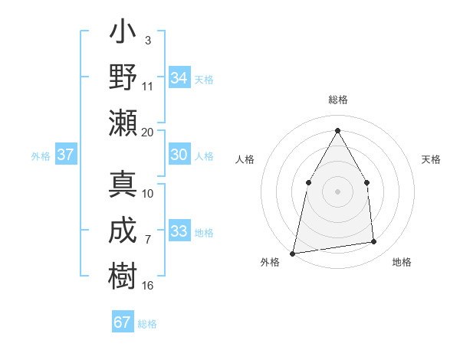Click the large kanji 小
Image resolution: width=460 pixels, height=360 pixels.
tap(123, 34)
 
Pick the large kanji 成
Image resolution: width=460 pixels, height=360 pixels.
tap(123, 231)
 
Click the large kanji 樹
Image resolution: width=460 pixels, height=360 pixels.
tap(123, 274)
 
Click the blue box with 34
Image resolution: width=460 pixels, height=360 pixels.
tap(179, 77)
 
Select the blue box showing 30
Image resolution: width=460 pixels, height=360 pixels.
tap(179, 155)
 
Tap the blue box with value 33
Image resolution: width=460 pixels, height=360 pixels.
tap(179, 231)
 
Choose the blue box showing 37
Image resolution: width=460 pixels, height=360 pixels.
tap(66, 155)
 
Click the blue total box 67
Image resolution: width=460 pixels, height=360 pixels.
tap(123, 322)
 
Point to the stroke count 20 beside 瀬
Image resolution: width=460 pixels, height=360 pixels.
tap(148, 132)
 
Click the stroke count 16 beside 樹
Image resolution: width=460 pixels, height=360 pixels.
tap(148, 286)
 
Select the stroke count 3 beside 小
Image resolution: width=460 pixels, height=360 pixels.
tap(147, 40)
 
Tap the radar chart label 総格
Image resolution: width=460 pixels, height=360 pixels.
tap(337, 100)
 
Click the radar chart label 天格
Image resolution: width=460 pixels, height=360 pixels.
tap(431, 159)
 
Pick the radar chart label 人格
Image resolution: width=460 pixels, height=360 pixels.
tap(245, 159)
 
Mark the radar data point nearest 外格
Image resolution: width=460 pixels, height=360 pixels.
tap(292, 253)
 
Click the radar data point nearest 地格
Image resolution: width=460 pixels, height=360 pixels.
tap(374, 242)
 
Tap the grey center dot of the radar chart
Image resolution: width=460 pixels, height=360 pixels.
tap(337, 191)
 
